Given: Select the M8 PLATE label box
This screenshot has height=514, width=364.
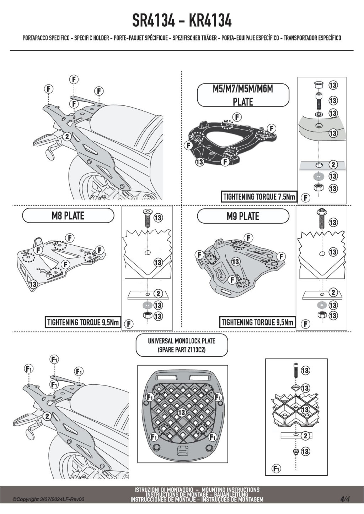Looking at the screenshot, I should [x=68, y=215].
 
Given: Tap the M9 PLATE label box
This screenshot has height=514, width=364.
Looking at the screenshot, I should [x=243, y=216].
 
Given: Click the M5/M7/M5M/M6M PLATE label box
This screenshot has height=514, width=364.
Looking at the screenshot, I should [x=243, y=95].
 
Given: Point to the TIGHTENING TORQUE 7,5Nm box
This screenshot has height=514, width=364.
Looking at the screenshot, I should [x=259, y=197].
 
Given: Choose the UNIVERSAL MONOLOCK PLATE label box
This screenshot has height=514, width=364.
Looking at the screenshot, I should [x=182, y=345].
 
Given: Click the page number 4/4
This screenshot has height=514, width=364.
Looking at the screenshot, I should [x=345, y=499].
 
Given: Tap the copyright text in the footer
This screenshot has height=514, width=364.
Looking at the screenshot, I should [x=49, y=499].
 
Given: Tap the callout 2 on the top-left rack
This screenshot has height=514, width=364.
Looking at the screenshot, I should [x=67, y=136].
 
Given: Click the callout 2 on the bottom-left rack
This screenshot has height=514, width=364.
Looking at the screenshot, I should [x=47, y=416].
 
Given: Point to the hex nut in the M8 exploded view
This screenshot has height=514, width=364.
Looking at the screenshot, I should [x=147, y=315].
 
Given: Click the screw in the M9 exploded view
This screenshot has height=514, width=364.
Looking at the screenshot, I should [x=321, y=218].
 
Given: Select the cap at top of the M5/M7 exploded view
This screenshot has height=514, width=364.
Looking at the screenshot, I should [x=318, y=85].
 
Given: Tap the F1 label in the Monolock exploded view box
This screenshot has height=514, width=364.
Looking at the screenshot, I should [x=276, y=469].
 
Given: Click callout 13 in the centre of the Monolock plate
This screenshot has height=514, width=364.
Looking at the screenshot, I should [x=181, y=412].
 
